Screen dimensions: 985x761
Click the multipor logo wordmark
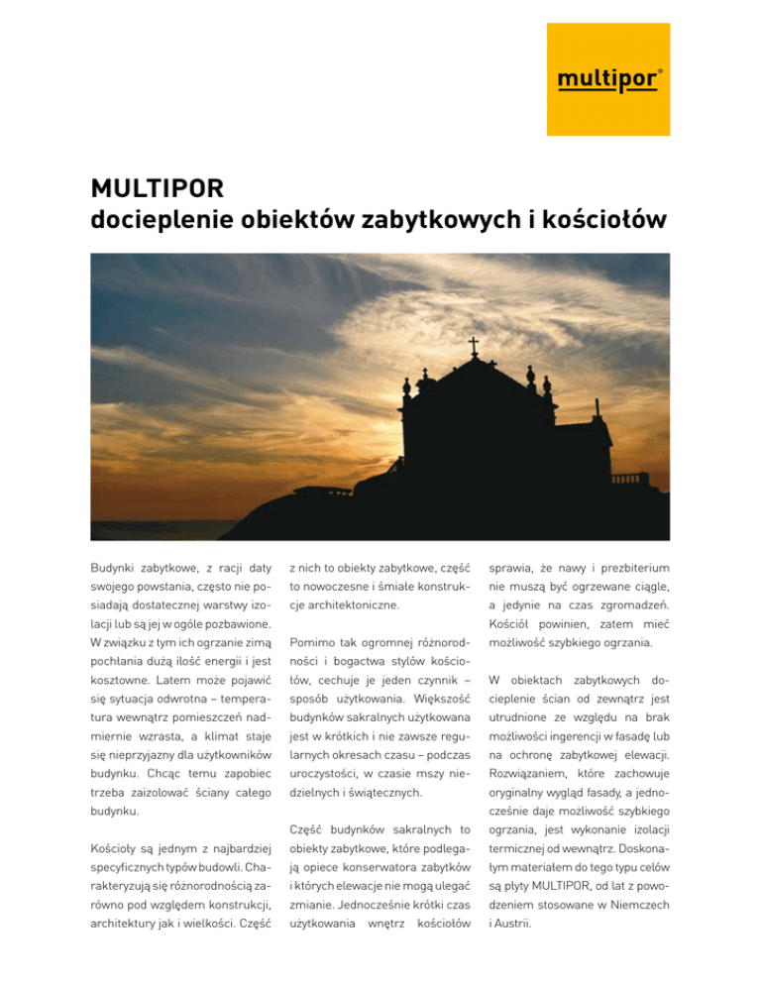click(x=606, y=79)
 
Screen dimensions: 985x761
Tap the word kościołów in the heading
click(x=598, y=218)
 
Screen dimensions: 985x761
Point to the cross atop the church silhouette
click(x=474, y=346)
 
